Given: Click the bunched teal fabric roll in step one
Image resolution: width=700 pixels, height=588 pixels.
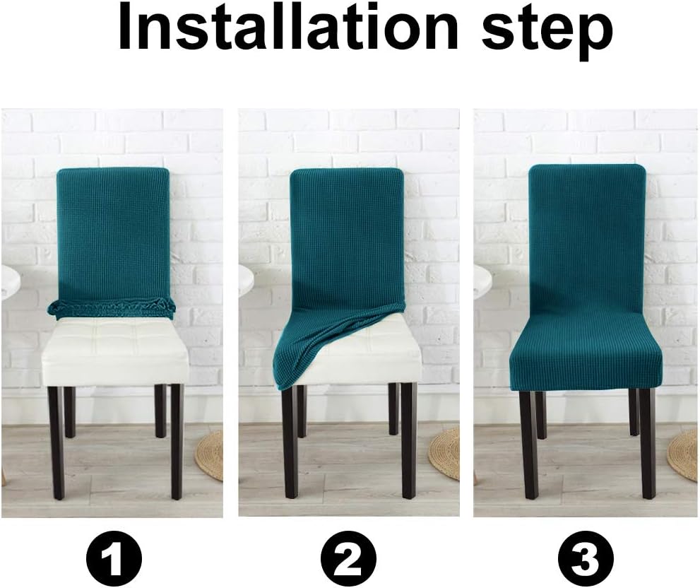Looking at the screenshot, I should click(x=112, y=307).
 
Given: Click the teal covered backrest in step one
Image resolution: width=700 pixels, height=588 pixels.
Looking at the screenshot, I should click(x=113, y=233).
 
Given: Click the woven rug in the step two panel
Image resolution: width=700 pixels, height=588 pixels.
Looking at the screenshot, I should click(x=445, y=452).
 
